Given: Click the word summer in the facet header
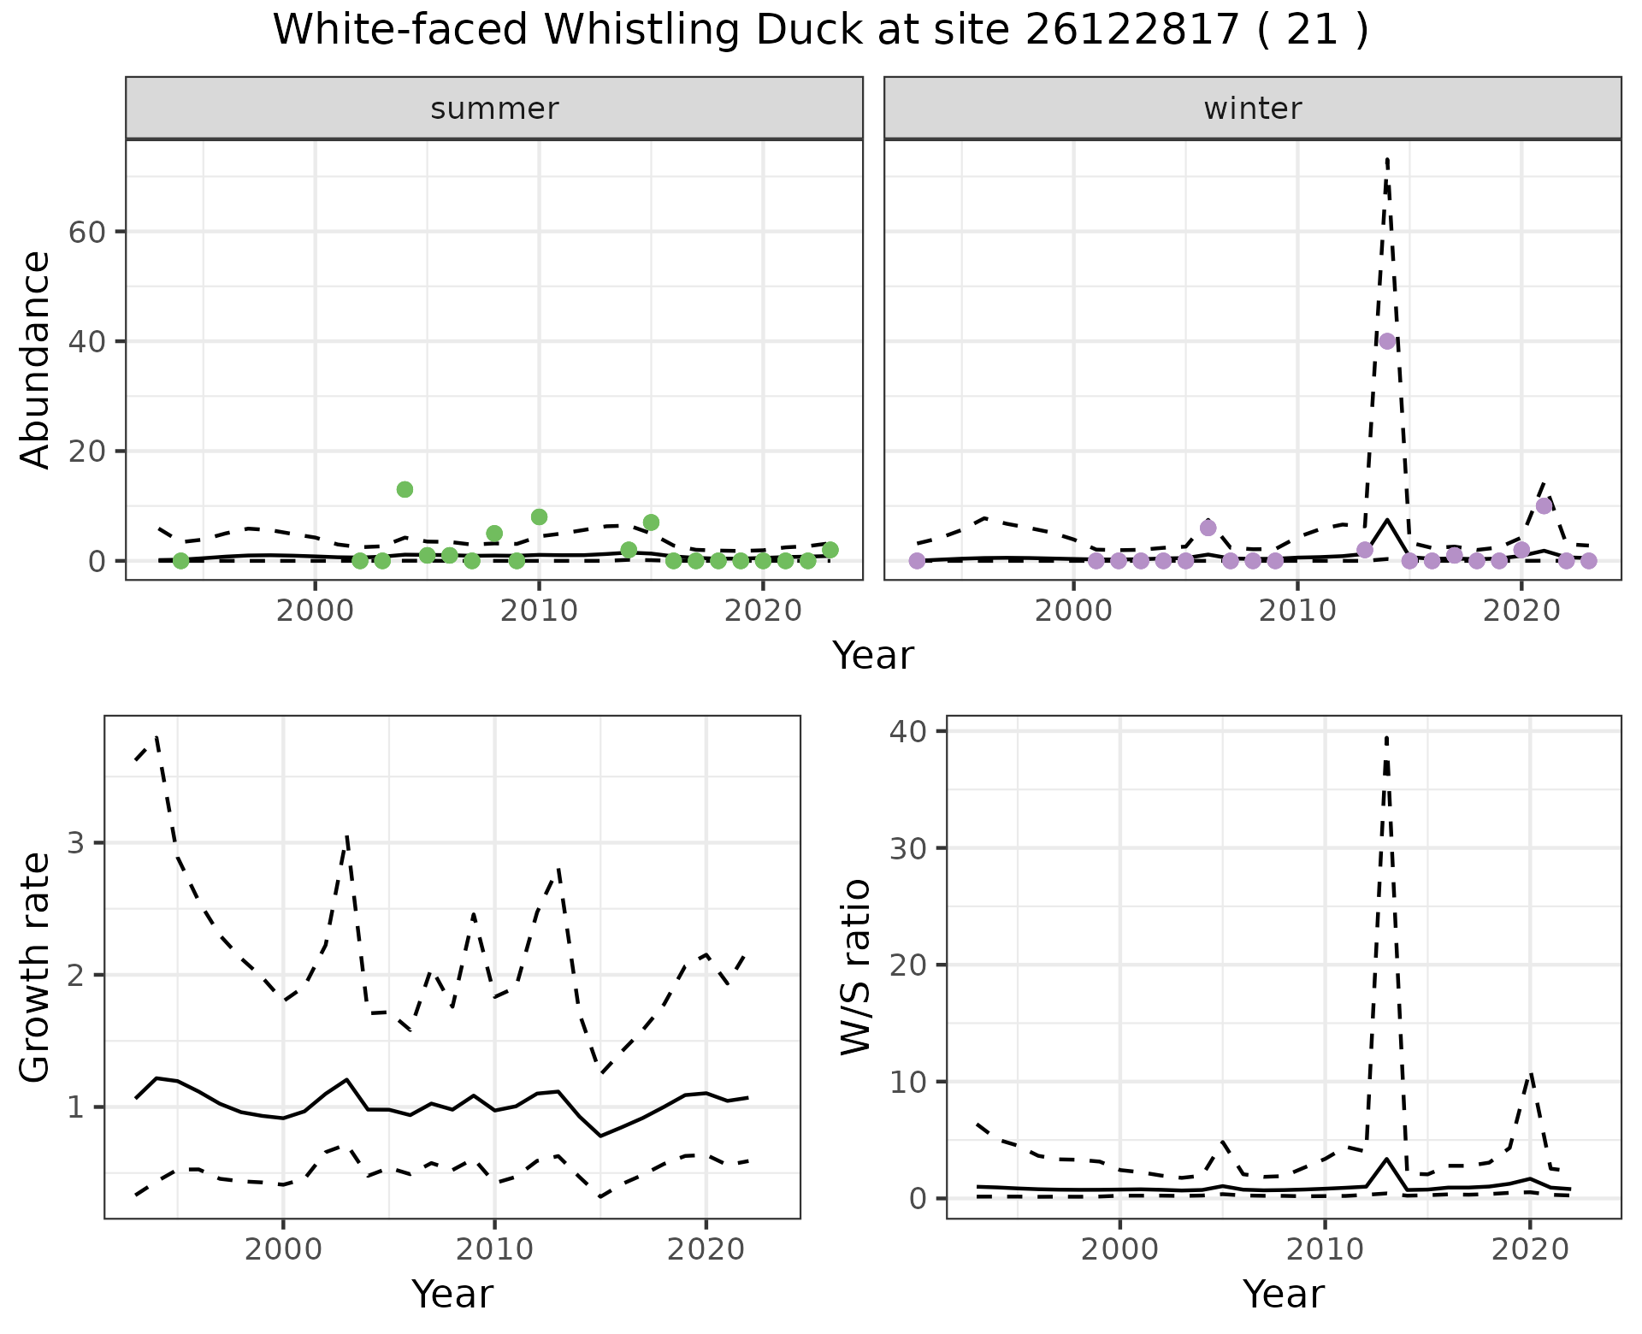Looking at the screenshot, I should [x=494, y=109].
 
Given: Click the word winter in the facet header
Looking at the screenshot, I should [x=1252, y=109].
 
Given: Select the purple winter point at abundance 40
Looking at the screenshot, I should [x=1387, y=341].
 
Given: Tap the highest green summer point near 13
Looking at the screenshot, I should [x=405, y=489].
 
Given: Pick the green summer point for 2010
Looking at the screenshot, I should [x=539, y=516].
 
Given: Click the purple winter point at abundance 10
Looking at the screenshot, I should [x=1544, y=505].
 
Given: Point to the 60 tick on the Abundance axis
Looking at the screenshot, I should [x=86, y=232].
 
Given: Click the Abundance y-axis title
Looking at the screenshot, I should [x=36, y=359].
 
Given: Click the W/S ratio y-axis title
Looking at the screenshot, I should [x=855, y=966].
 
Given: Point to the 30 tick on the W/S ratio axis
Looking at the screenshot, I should [x=913, y=847].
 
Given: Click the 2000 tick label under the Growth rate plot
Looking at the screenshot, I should [x=282, y=1249].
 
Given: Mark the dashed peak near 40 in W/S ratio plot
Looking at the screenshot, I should [x=1385, y=737].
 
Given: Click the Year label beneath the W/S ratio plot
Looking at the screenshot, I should [x=1283, y=1294].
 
